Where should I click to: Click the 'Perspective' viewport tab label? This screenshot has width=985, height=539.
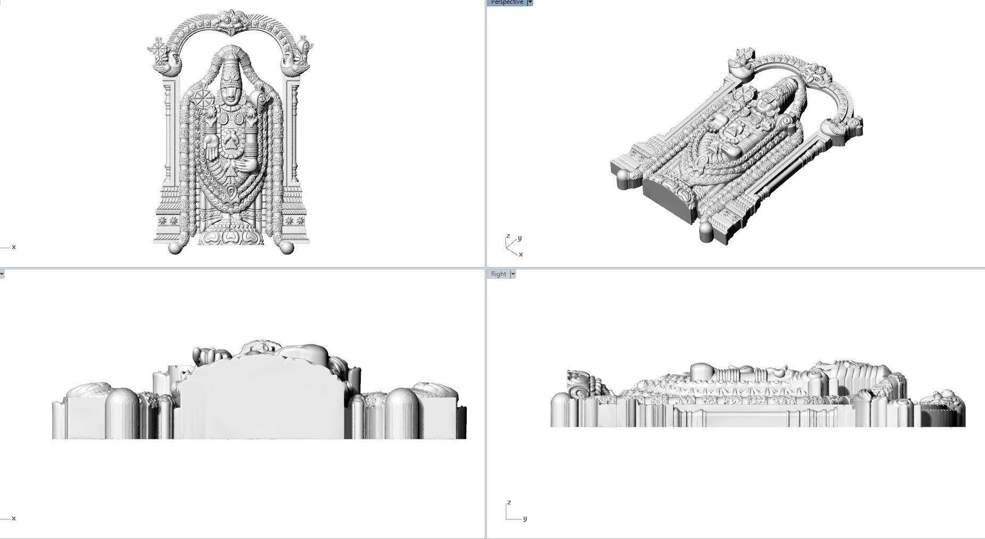point(506,3)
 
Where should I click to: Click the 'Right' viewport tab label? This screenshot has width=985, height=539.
point(499,274)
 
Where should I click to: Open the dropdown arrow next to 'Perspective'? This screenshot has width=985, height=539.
point(530,3)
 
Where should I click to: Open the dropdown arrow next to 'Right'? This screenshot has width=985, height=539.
point(513,274)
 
